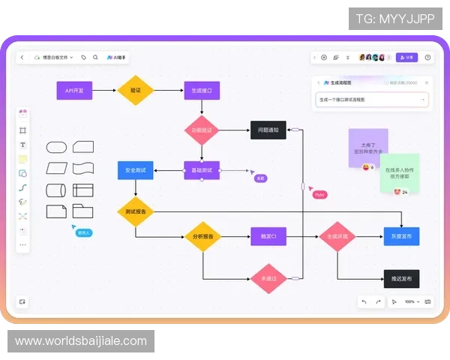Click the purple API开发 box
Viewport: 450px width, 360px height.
pos(74,91)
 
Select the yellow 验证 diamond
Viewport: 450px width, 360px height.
pos(136,91)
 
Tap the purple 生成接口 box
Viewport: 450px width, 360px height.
pos(202,91)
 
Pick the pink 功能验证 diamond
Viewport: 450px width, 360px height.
pos(202,130)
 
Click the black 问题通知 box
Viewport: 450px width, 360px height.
pos(268,130)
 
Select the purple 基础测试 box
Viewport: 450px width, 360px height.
pos(202,170)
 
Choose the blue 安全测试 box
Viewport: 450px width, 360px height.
pos(136,170)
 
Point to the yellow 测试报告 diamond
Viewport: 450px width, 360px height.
pos(136,211)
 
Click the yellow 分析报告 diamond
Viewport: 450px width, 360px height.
pos(202,237)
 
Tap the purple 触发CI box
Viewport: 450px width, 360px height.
pos(268,237)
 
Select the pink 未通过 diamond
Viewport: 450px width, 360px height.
pos(268,278)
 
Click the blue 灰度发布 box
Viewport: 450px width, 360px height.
pos(400,237)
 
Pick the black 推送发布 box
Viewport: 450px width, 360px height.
pos(400,278)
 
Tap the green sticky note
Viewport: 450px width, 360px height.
pos(400,173)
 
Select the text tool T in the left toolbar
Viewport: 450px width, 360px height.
pos(22,145)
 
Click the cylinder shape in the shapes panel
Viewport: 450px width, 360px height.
pos(57,190)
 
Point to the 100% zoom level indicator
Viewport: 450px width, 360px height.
pos(409,301)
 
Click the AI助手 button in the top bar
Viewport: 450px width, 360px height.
pos(117,57)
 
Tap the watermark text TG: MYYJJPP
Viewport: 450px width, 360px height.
pos(395,18)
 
